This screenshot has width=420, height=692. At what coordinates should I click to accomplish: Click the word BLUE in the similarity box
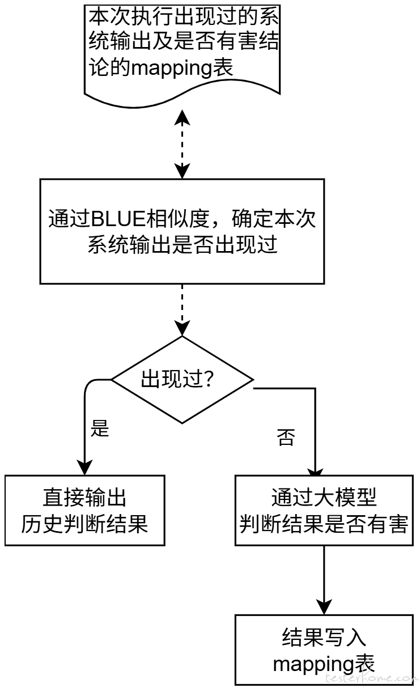[x=118, y=219]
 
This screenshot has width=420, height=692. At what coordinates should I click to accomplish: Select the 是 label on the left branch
[x=100, y=429]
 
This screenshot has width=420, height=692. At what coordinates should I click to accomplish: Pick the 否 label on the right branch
[x=286, y=438]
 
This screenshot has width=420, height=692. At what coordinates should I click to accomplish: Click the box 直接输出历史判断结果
[x=84, y=510]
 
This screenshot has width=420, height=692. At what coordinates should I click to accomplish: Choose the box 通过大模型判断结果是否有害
[x=323, y=510]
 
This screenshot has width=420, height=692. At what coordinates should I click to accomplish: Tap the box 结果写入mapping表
[x=323, y=649]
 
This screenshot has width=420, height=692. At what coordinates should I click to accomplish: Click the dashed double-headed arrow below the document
[x=182, y=144]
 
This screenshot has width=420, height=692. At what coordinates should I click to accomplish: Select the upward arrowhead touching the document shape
[x=182, y=116]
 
